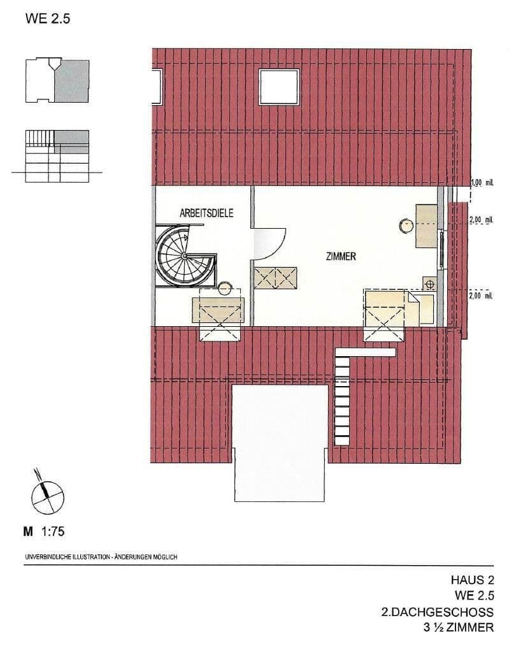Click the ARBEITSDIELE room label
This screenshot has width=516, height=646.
(206, 214)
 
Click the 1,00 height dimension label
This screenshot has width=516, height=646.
(482, 183)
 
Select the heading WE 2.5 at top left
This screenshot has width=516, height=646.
(47, 18)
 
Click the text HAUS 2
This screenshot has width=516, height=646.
(472, 580)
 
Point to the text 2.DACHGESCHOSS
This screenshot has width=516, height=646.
(436, 612)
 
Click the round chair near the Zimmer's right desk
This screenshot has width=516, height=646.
(406, 224)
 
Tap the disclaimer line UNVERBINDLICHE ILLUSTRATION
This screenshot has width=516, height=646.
(101, 556)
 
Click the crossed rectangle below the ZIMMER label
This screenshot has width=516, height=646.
(276, 278)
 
